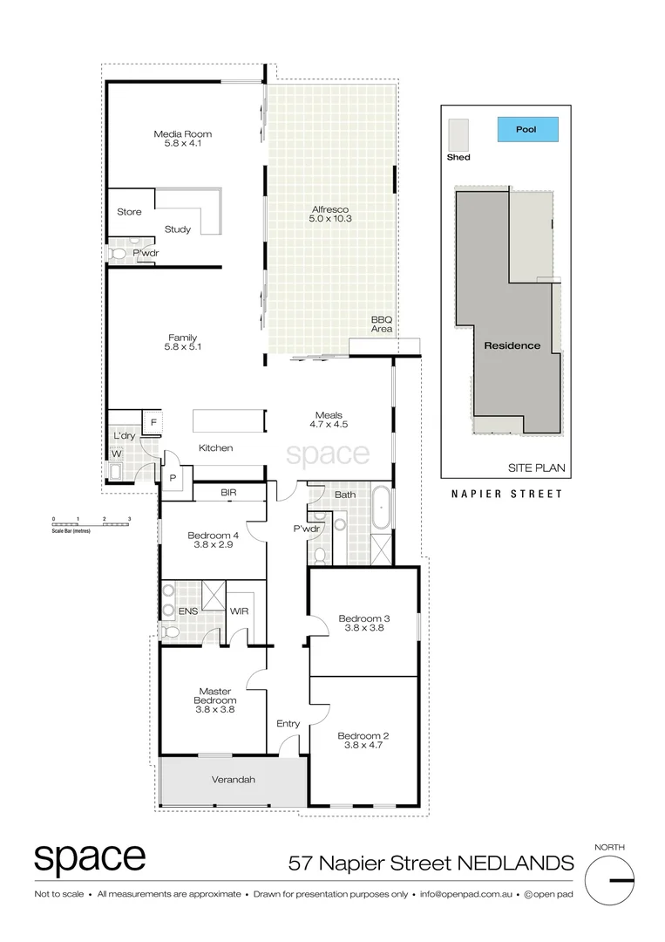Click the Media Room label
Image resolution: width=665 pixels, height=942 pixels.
click(x=183, y=134)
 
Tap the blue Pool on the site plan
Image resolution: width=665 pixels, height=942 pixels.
click(x=526, y=130)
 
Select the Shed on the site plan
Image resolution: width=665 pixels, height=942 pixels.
click(x=458, y=135)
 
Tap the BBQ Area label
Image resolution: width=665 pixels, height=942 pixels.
click(x=382, y=324)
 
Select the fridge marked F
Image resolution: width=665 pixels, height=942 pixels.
click(x=153, y=423)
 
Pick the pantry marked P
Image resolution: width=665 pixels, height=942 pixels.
click(x=173, y=479)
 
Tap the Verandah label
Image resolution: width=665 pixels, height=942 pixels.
click(x=233, y=780)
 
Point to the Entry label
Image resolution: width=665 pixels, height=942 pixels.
click(x=288, y=724)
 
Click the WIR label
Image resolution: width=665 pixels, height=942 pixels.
click(x=239, y=611)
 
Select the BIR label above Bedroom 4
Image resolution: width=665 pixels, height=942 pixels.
click(x=228, y=493)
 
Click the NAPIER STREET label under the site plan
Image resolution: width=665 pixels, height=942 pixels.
click(x=506, y=494)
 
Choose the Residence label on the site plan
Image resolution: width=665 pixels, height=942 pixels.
click(x=512, y=345)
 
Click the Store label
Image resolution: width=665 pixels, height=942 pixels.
click(x=129, y=212)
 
